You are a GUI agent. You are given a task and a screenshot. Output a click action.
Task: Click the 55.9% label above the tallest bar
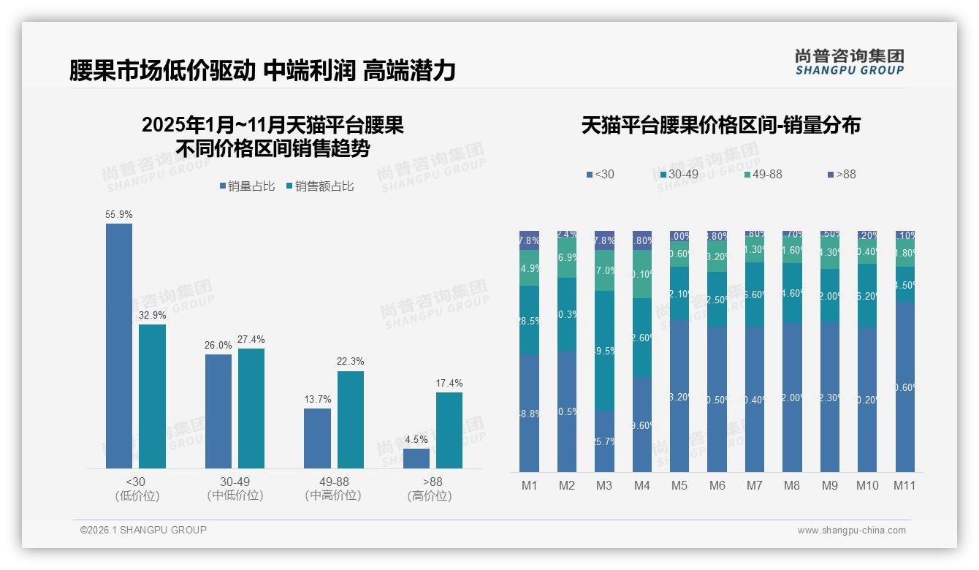(x=119, y=215)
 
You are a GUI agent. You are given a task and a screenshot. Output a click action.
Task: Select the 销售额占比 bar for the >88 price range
(x=449, y=430)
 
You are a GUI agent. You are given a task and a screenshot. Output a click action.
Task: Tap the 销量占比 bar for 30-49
(x=218, y=411)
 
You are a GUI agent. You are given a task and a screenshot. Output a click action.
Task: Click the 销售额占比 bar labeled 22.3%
(x=351, y=419)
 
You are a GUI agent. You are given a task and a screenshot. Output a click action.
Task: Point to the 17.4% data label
(x=449, y=384)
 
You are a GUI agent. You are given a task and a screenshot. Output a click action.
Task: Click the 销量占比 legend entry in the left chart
(x=247, y=186)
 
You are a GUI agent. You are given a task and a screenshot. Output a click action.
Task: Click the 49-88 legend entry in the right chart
(x=763, y=175)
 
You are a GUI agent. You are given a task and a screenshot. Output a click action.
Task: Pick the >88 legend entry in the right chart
(x=842, y=175)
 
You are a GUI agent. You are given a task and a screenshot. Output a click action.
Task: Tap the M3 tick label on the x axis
(x=604, y=486)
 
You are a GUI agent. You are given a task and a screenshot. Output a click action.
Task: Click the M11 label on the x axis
(x=904, y=486)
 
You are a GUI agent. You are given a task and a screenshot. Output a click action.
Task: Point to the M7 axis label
(x=755, y=486)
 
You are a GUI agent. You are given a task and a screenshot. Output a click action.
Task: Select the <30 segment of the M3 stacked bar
(x=604, y=441)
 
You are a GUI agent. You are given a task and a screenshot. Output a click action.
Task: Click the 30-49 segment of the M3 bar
(x=604, y=351)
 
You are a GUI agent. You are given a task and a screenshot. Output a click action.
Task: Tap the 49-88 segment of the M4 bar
(x=642, y=274)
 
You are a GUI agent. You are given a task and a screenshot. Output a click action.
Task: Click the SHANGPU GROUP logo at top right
(x=850, y=62)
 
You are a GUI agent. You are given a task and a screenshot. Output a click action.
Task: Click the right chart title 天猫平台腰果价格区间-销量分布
(x=720, y=126)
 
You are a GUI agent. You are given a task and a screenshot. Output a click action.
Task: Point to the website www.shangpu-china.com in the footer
(x=851, y=531)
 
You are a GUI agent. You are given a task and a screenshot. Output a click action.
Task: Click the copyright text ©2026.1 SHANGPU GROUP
(x=143, y=530)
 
